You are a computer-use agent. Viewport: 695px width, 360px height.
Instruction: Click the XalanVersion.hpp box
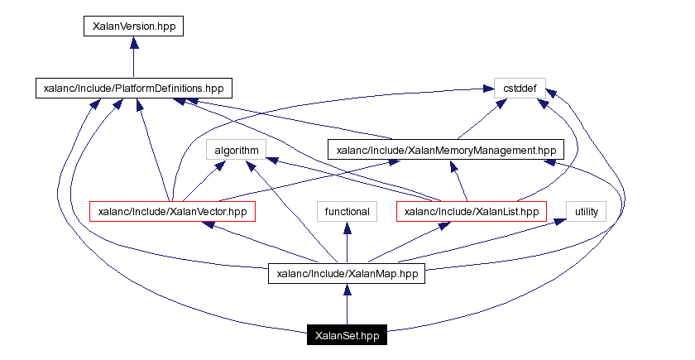pos(133,26)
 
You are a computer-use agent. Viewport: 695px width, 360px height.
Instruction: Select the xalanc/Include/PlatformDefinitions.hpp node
pos(133,88)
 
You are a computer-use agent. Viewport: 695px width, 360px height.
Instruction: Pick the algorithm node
pos(237,150)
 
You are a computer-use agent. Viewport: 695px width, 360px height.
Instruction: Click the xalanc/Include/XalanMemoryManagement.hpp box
pos(446,150)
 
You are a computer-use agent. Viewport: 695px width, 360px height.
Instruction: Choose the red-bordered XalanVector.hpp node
pos(172,212)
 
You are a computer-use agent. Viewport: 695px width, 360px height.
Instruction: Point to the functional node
pos(347,212)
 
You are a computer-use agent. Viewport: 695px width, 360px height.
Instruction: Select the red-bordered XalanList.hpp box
pos(472,212)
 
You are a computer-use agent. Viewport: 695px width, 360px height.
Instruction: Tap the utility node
pos(586,212)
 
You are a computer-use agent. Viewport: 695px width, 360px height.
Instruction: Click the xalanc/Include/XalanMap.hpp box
pos(347,274)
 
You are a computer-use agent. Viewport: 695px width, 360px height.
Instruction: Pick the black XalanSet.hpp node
pos(347,335)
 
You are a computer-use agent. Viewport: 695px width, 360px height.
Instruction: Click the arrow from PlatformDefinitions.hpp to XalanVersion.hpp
pos(133,57)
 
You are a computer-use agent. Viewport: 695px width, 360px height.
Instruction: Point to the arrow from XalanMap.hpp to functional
pos(347,243)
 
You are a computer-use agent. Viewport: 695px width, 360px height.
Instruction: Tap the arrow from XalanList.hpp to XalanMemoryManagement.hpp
pos(459,181)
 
